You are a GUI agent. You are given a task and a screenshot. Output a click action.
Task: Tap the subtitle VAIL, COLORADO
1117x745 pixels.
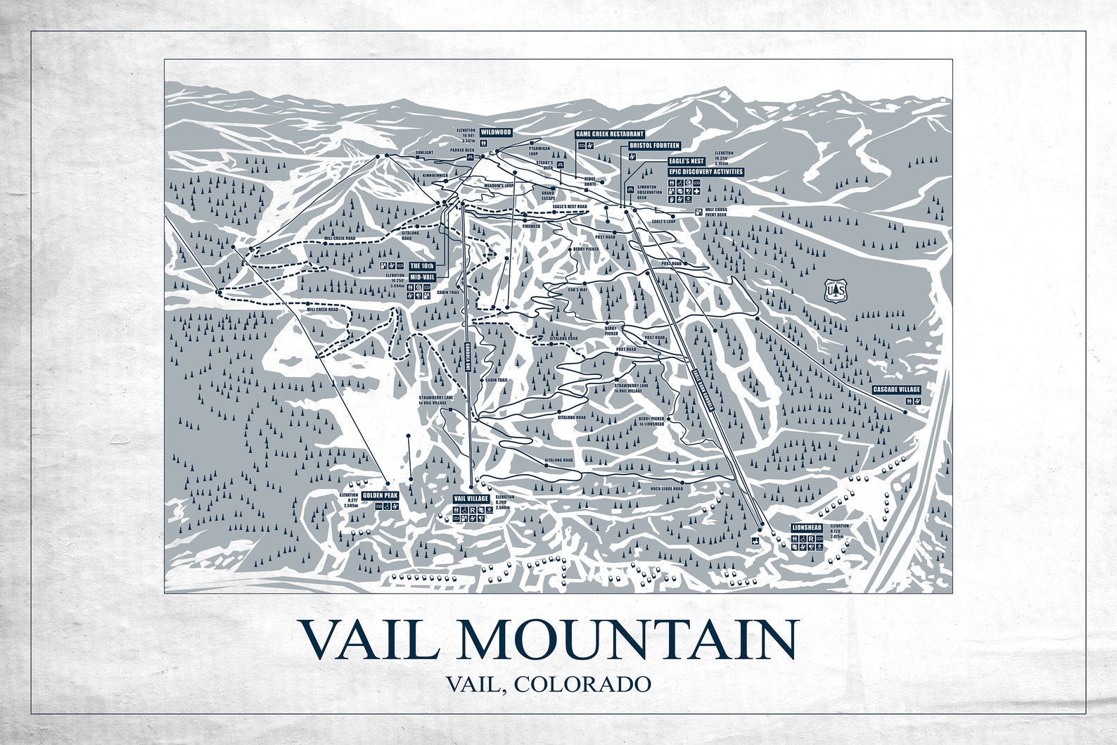(547, 683)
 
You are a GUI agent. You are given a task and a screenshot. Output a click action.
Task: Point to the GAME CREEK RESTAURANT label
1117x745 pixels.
(610, 134)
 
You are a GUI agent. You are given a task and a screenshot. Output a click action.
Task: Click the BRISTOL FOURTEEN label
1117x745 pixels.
(654, 146)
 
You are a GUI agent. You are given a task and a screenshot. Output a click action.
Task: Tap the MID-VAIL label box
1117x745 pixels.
(422, 277)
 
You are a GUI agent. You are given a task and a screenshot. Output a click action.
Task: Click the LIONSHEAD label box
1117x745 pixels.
(806, 527)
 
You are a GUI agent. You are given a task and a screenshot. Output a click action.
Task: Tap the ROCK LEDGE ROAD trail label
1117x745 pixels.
(667, 488)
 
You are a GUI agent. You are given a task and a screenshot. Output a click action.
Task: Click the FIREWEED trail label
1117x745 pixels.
(531, 227)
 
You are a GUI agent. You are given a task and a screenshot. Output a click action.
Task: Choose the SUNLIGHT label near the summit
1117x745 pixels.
(424, 152)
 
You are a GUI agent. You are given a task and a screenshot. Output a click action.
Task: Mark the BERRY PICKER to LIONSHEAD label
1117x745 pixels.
(651, 421)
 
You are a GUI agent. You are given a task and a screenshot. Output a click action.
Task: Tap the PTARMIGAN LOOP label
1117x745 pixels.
(542, 152)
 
